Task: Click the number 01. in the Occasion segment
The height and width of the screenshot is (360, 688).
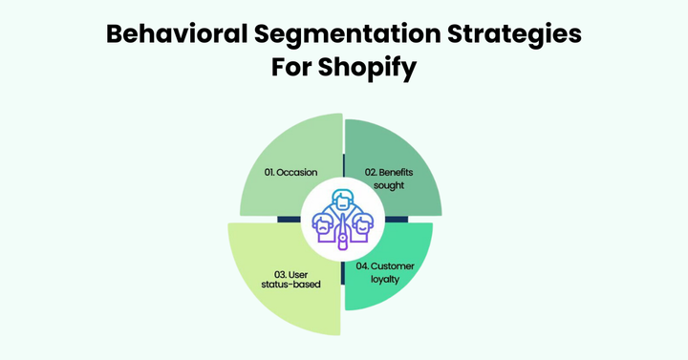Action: [x=272, y=173]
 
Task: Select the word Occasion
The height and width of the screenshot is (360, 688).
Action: [x=299, y=173]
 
